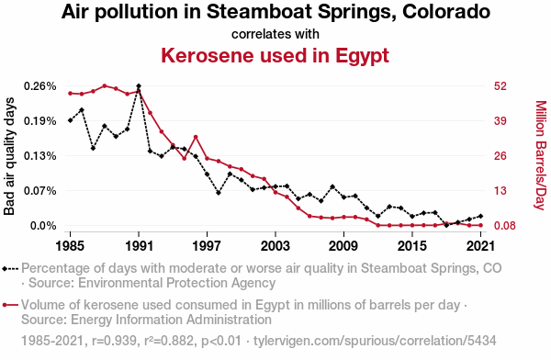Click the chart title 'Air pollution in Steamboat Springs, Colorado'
click(275, 13)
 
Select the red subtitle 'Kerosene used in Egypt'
click(275, 55)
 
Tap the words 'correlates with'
click(275, 34)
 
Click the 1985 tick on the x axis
click(70, 246)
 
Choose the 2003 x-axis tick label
click(275, 246)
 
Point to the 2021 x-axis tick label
click(480, 246)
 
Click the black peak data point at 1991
click(139, 86)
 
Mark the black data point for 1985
click(70, 120)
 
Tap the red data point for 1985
click(70, 93)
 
